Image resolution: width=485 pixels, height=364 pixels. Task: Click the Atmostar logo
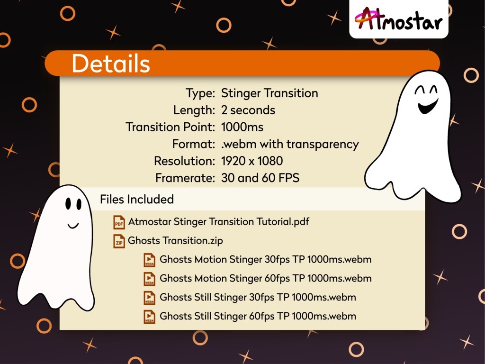tap(398, 19)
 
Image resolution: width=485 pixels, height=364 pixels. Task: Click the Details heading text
tap(110, 64)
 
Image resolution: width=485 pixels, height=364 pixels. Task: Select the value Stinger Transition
tap(269, 93)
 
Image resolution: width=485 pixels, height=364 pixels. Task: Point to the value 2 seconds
tap(248, 110)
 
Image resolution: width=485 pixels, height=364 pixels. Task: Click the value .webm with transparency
tap(290, 144)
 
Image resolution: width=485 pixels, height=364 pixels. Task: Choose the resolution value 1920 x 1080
tap(252, 161)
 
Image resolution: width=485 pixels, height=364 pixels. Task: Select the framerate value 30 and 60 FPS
tap(260, 178)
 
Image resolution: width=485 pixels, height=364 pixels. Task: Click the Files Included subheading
tap(137, 199)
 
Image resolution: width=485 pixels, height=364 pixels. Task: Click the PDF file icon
tap(119, 222)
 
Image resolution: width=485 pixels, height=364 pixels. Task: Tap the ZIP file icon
tap(119, 241)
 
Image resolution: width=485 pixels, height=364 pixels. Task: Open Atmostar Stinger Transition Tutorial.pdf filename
tap(218, 221)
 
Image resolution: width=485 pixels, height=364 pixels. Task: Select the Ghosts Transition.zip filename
tap(175, 240)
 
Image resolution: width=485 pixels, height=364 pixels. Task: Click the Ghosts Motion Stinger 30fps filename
tap(265, 259)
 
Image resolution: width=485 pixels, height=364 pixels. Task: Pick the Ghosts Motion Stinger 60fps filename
tap(265, 278)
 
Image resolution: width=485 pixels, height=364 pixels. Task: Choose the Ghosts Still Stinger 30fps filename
tap(258, 297)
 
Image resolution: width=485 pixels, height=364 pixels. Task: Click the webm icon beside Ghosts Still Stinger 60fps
tap(150, 316)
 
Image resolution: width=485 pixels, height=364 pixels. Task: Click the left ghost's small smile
tap(73, 225)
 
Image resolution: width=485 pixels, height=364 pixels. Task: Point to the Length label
tap(194, 110)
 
